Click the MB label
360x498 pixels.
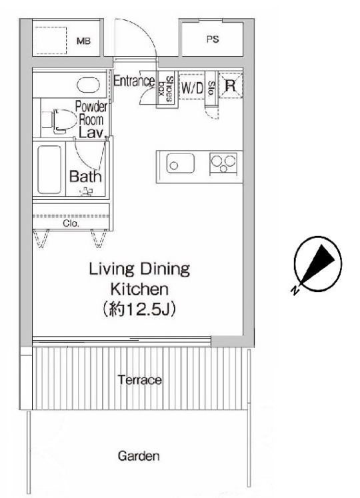83,41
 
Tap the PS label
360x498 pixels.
213,39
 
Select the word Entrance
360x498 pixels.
135,81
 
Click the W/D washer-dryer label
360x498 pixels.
192,87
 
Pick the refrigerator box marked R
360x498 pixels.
231,85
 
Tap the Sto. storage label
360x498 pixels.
211,89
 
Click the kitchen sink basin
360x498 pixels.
181,163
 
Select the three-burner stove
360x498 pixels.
223,163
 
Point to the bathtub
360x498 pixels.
49,169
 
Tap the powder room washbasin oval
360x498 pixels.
88,85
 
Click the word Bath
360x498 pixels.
85,177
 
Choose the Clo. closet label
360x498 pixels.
71,223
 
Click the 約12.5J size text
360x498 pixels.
139,309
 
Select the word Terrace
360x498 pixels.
139,380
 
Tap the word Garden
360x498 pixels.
139,456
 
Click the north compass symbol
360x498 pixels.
317,263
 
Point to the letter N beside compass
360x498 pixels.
295,290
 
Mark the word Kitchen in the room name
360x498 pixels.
139,289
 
